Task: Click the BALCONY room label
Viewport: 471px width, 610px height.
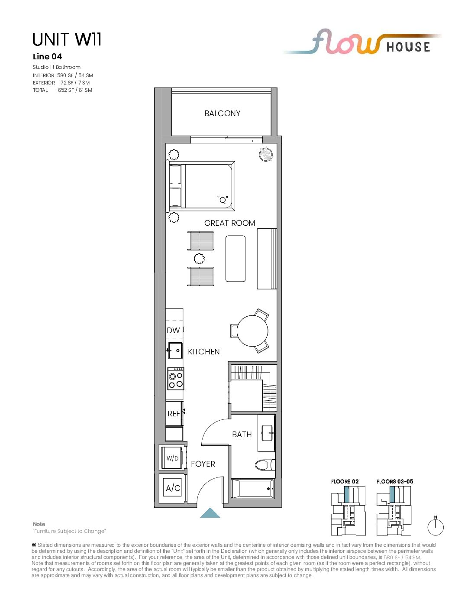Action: coord(222,114)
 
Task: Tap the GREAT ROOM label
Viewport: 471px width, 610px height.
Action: coord(229,223)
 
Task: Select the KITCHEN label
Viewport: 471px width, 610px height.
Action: coord(203,351)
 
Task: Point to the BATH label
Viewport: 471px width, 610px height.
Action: coord(242,434)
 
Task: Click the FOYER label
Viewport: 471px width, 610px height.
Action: coord(203,464)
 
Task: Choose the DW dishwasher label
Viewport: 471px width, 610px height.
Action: coord(173,331)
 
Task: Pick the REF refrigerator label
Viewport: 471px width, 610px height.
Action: coord(174,413)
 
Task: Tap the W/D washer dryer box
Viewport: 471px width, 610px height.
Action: coord(172,458)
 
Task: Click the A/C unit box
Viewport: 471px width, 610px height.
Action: coord(173,488)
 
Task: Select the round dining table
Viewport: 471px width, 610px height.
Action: coord(252,331)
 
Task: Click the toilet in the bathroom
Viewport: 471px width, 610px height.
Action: coord(265,465)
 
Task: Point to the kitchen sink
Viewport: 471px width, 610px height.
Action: coord(175,350)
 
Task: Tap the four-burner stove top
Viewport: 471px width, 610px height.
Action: coord(176,379)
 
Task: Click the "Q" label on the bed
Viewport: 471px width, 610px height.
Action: coord(223,200)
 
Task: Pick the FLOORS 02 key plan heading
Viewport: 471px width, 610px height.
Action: coord(345,481)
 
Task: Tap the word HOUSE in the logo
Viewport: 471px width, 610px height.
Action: coord(408,47)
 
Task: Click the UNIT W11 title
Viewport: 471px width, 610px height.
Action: coord(67,39)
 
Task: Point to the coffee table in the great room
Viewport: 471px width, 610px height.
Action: coord(235,259)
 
